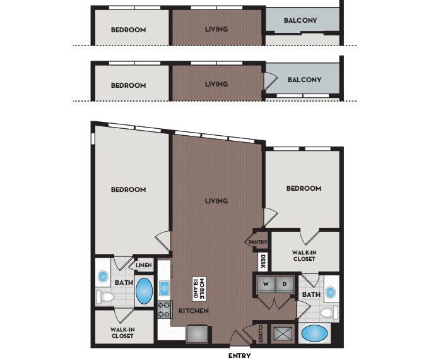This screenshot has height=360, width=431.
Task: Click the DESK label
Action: (x=262, y=261)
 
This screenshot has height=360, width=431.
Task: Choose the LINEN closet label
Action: (x=143, y=265)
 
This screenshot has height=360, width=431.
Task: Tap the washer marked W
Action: (x=266, y=285)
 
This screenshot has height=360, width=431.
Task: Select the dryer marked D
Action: (x=284, y=285)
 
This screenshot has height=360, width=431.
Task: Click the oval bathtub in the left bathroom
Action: (x=145, y=291)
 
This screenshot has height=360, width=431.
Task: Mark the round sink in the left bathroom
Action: (x=103, y=276)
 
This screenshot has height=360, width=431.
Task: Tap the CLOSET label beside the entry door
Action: (x=260, y=333)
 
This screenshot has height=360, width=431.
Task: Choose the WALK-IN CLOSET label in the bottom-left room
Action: (x=123, y=332)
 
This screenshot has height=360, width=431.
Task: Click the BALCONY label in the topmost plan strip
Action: (x=300, y=20)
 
